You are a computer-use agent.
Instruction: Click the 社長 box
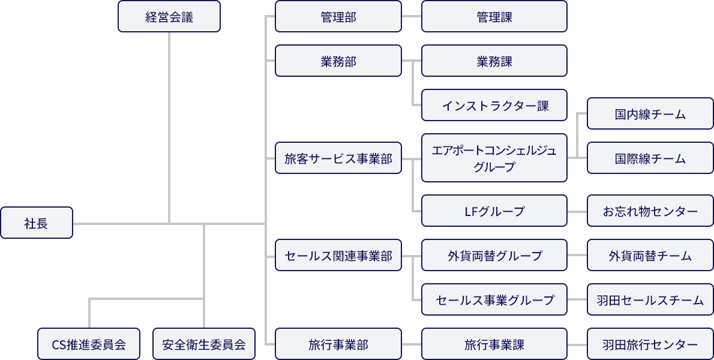tap(37, 223)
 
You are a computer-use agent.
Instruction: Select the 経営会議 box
tap(169, 17)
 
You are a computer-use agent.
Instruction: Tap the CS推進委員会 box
tap(89, 344)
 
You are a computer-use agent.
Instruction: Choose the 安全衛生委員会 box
tap(204, 344)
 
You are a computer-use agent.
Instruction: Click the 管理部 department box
tap(338, 17)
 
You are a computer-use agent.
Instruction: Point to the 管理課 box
tap(494, 17)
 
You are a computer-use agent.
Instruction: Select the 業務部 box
tap(338, 61)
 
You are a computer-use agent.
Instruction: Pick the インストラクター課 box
tap(494, 106)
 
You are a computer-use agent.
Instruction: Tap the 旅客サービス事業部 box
tap(338, 158)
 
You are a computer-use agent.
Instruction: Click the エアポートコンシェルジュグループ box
tap(494, 158)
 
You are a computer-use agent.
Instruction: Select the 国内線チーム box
tap(650, 114)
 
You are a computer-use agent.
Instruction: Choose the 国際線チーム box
tap(650, 158)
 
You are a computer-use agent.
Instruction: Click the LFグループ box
tap(494, 211)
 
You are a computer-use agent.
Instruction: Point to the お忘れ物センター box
tap(650, 211)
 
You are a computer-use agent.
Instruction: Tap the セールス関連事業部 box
tap(338, 256)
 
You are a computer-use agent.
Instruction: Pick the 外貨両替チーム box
tap(650, 256)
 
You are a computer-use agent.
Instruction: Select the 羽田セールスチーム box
tap(650, 300)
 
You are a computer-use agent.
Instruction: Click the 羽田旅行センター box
tap(650, 344)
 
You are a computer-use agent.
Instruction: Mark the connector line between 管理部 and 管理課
tap(412, 17)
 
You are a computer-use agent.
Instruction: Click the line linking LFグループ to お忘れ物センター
tap(577, 211)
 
